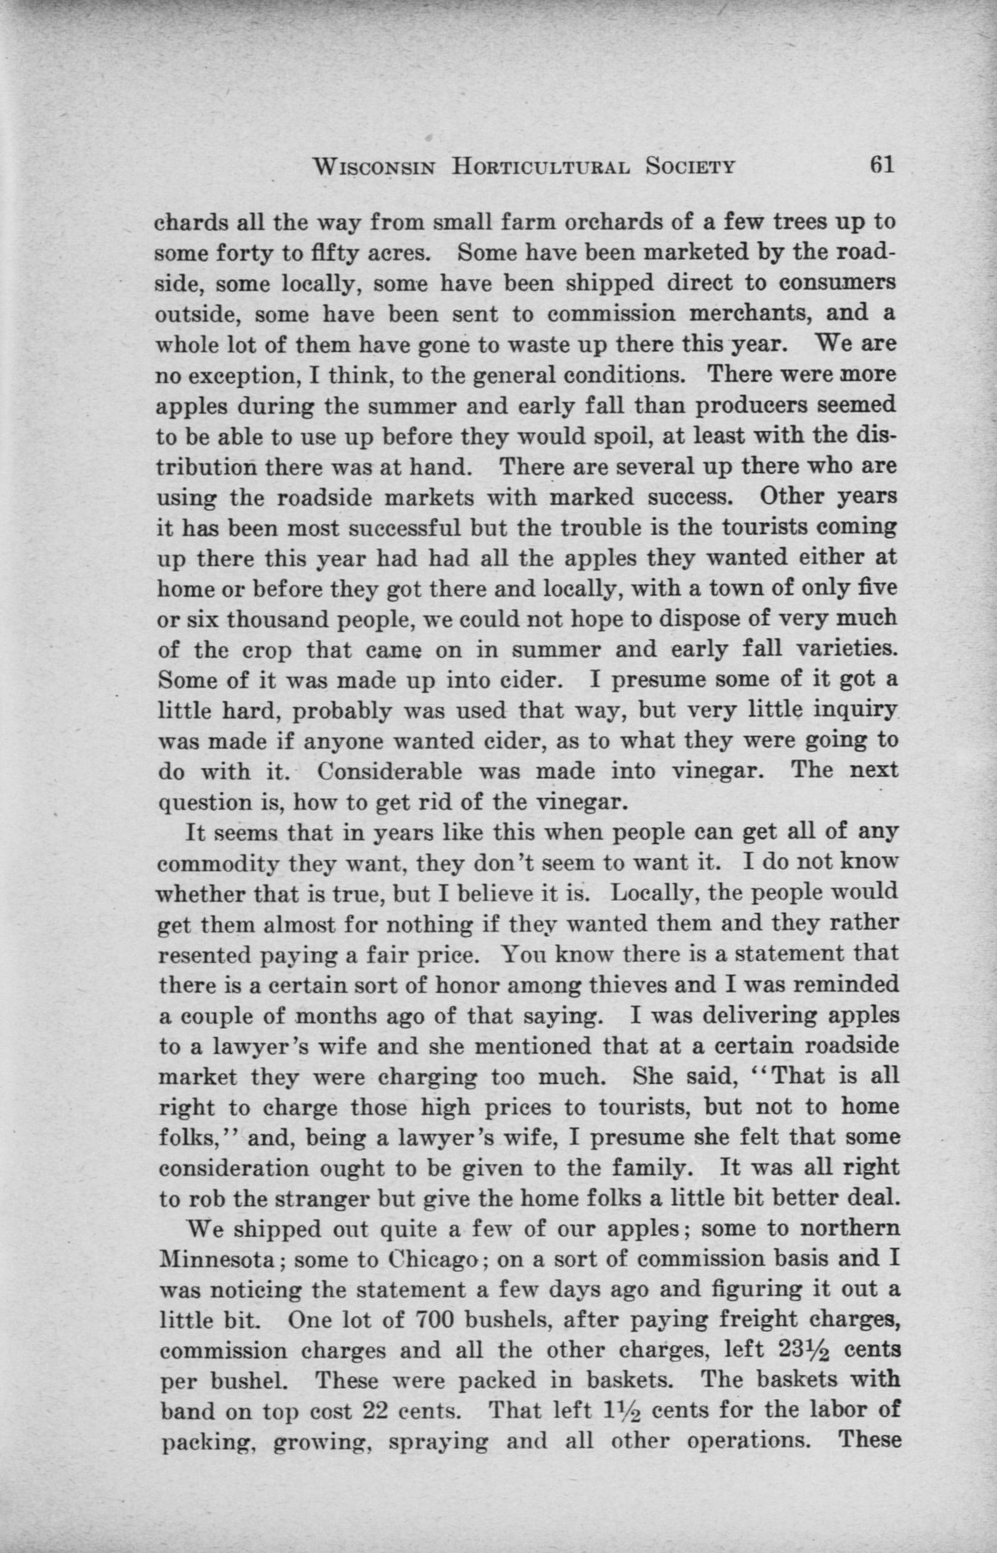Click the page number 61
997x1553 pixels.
[x=882, y=166]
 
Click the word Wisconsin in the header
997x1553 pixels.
[x=373, y=167]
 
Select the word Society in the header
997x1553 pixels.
[x=691, y=167]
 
